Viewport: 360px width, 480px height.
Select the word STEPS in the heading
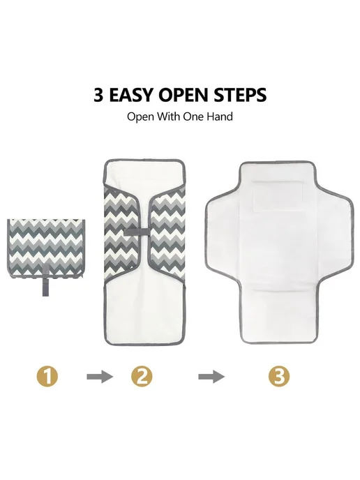239,95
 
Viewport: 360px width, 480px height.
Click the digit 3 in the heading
99,95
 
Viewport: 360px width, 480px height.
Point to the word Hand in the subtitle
220,117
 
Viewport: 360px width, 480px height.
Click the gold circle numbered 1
47,376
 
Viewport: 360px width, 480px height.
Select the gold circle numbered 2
142,376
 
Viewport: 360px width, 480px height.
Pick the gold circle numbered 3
279,376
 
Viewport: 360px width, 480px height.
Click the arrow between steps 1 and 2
100,376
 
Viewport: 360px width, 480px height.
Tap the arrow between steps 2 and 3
211,376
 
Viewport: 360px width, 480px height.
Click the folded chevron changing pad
46,248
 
